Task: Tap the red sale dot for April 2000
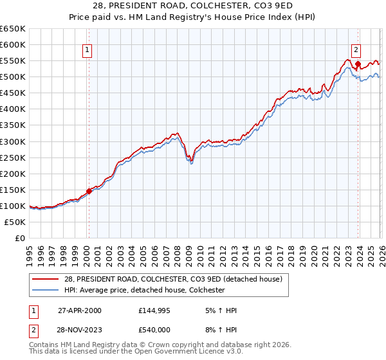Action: click(x=89, y=191)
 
